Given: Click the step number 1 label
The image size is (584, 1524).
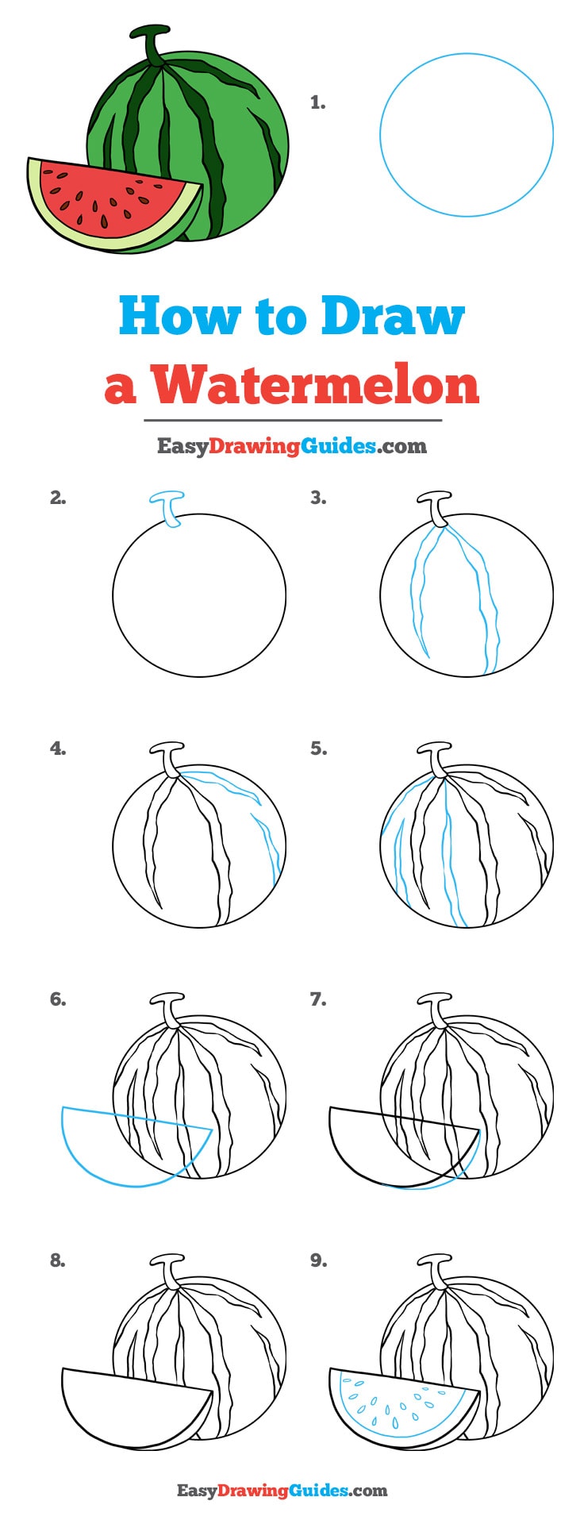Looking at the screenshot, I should point(317,102).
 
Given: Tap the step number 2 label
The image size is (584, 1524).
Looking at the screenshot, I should point(58,498).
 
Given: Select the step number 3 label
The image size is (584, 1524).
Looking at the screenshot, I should point(318,498).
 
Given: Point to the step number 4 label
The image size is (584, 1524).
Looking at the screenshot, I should point(58,749).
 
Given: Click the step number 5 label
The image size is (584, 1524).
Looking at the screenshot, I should point(318,749).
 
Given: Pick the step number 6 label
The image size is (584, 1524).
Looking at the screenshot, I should point(58,999).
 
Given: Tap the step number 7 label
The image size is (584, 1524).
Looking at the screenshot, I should point(318,999).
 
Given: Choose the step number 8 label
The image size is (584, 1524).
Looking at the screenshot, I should point(58,1260).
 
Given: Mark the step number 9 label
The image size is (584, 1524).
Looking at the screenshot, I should point(318,1260).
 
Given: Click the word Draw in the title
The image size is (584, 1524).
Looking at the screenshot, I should point(392,316).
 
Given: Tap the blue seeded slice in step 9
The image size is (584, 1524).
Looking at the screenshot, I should point(397,1405).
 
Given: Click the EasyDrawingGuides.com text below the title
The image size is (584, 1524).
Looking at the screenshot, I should point(291,446).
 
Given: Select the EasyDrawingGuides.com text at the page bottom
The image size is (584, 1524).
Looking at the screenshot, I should point(282,1490).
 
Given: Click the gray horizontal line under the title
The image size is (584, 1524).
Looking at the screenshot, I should point(292,420).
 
